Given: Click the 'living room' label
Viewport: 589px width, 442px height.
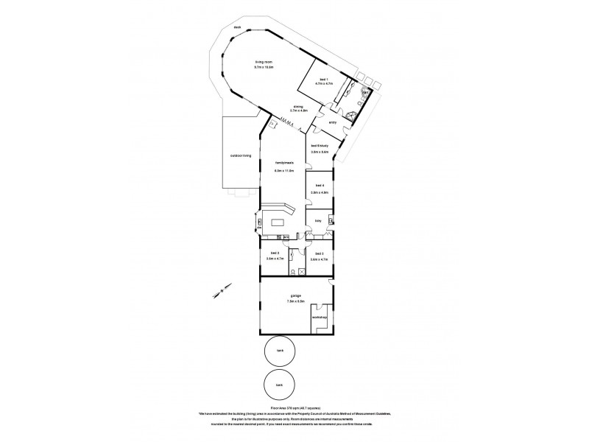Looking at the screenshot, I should pos(264,61).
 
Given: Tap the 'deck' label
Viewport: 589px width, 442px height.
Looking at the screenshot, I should pos(238,27).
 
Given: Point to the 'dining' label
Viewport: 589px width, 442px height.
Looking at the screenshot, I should pos(299,106).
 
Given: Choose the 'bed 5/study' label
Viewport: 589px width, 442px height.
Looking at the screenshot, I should pos(320,146).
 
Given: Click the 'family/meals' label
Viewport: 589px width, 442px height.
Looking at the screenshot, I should pos(284,164).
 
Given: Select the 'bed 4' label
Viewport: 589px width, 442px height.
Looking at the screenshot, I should pos(320,186).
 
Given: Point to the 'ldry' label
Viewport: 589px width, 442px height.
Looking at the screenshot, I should pos(318,220).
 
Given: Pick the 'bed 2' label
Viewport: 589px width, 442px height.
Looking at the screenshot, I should pos(273,253).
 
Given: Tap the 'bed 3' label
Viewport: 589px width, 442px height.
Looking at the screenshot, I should pos(320,253).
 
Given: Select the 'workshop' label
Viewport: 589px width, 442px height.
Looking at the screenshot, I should pos(319,317).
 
